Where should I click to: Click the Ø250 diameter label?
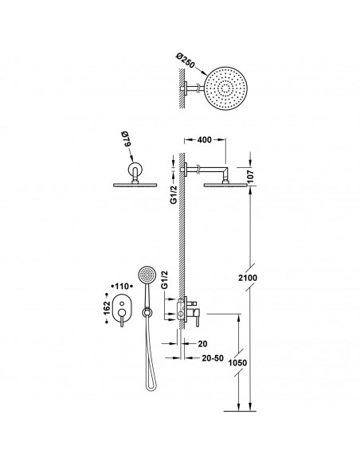tap(185, 61)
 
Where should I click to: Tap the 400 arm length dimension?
tap(205, 139)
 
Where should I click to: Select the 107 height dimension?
tap(251, 176)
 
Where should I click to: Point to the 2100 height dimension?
tap(248, 278)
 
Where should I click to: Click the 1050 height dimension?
tap(237, 363)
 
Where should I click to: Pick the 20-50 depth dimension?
tap(213, 358)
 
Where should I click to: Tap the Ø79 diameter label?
tap(127, 139)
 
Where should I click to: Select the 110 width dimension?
tap(122, 286)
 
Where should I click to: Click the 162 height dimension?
tap(107, 308)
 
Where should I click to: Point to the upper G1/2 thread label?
tap(173, 194)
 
